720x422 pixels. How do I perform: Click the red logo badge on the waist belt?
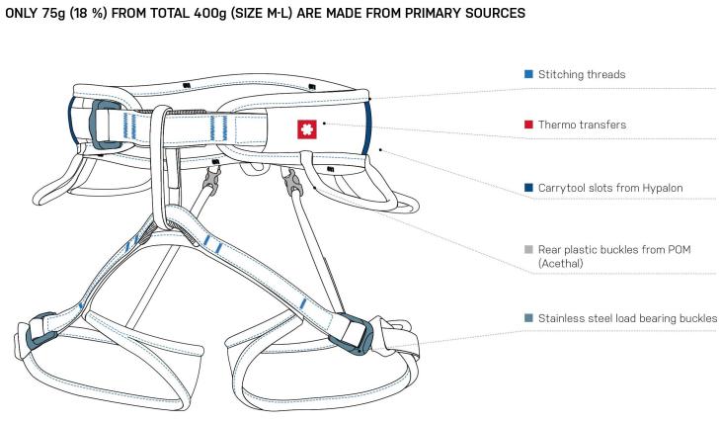[307, 129]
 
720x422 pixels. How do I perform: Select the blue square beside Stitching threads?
[528, 74]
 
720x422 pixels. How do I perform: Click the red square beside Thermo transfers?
[528, 125]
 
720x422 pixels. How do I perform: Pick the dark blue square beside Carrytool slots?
[528, 188]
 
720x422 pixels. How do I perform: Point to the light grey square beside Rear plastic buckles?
[528, 250]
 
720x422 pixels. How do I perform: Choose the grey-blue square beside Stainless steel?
[528, 318]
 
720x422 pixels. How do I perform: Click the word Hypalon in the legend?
[662, 188]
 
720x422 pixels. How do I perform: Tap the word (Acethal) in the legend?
[561, 264]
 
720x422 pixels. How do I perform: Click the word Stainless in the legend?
[559, 318]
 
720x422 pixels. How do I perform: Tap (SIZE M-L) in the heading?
[261, 13]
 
